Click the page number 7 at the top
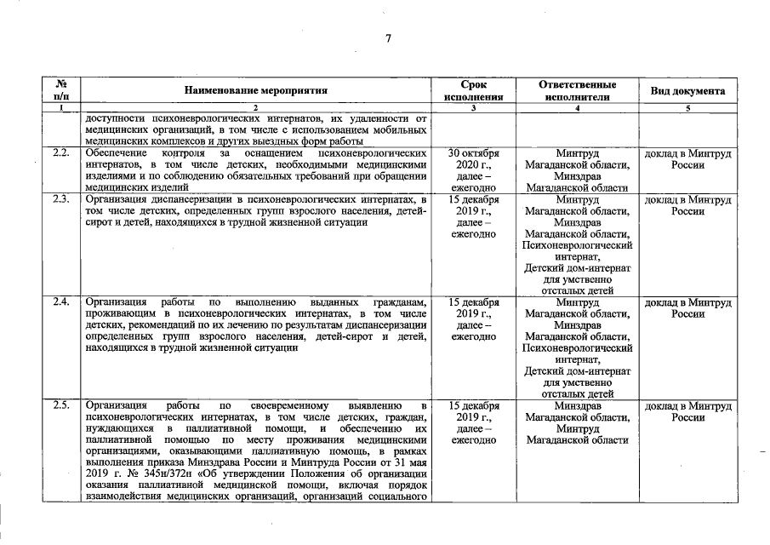point(388,37)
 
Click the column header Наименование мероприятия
point(255,90)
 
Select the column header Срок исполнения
point(473,90)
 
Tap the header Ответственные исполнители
point(577,90)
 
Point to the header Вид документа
point(687,90)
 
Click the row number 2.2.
point(60,152)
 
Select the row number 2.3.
point(60,199)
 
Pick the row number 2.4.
point(60,302)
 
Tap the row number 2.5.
point(60,405)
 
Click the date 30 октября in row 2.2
point(473,152)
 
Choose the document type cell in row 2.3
point(687,205)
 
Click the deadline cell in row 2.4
point(473,319)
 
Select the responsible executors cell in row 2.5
point(577,422)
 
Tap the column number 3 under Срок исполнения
point(473,108)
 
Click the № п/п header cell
point(60,90)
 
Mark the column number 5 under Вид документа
point(687,108)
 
